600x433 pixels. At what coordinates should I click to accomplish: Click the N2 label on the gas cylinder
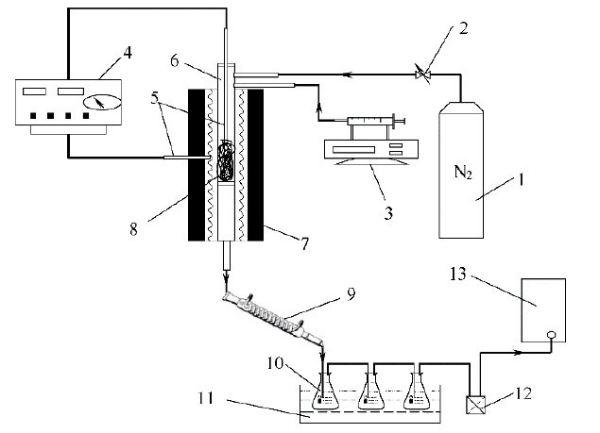pyautogui.click(x=463, y=172)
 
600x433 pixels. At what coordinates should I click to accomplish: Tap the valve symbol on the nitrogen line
pyautogui.click(x=422, y=75)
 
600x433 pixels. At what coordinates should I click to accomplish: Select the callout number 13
pyautogui.click(x=458, y=274)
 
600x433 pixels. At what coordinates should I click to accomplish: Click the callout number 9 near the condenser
pyautogui.click(x=351, y=294)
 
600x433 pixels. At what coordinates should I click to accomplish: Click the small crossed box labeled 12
pyautogui.click(x=475, y=405)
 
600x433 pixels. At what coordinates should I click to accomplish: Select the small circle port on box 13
pyautogui.click(x=551, y=334)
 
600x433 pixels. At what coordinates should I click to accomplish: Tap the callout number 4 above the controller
pyautogui.click(x=128, y=53)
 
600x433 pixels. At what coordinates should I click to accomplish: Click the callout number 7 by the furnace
pyautogui.click(x=304, y=244)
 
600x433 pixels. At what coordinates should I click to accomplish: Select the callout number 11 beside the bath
pyautogui.click(x=206, y=398)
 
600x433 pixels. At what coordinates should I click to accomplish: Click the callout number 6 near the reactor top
pyautogui.click(x=175, y=60)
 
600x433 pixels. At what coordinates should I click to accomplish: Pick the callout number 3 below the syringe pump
pyautogui.click(x=388, y=213)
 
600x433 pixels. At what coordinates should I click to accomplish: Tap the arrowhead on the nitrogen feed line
pyautogui.click(x=347, y=75)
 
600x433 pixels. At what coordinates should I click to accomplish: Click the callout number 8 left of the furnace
pyautogui.click(x=133, y=229)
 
